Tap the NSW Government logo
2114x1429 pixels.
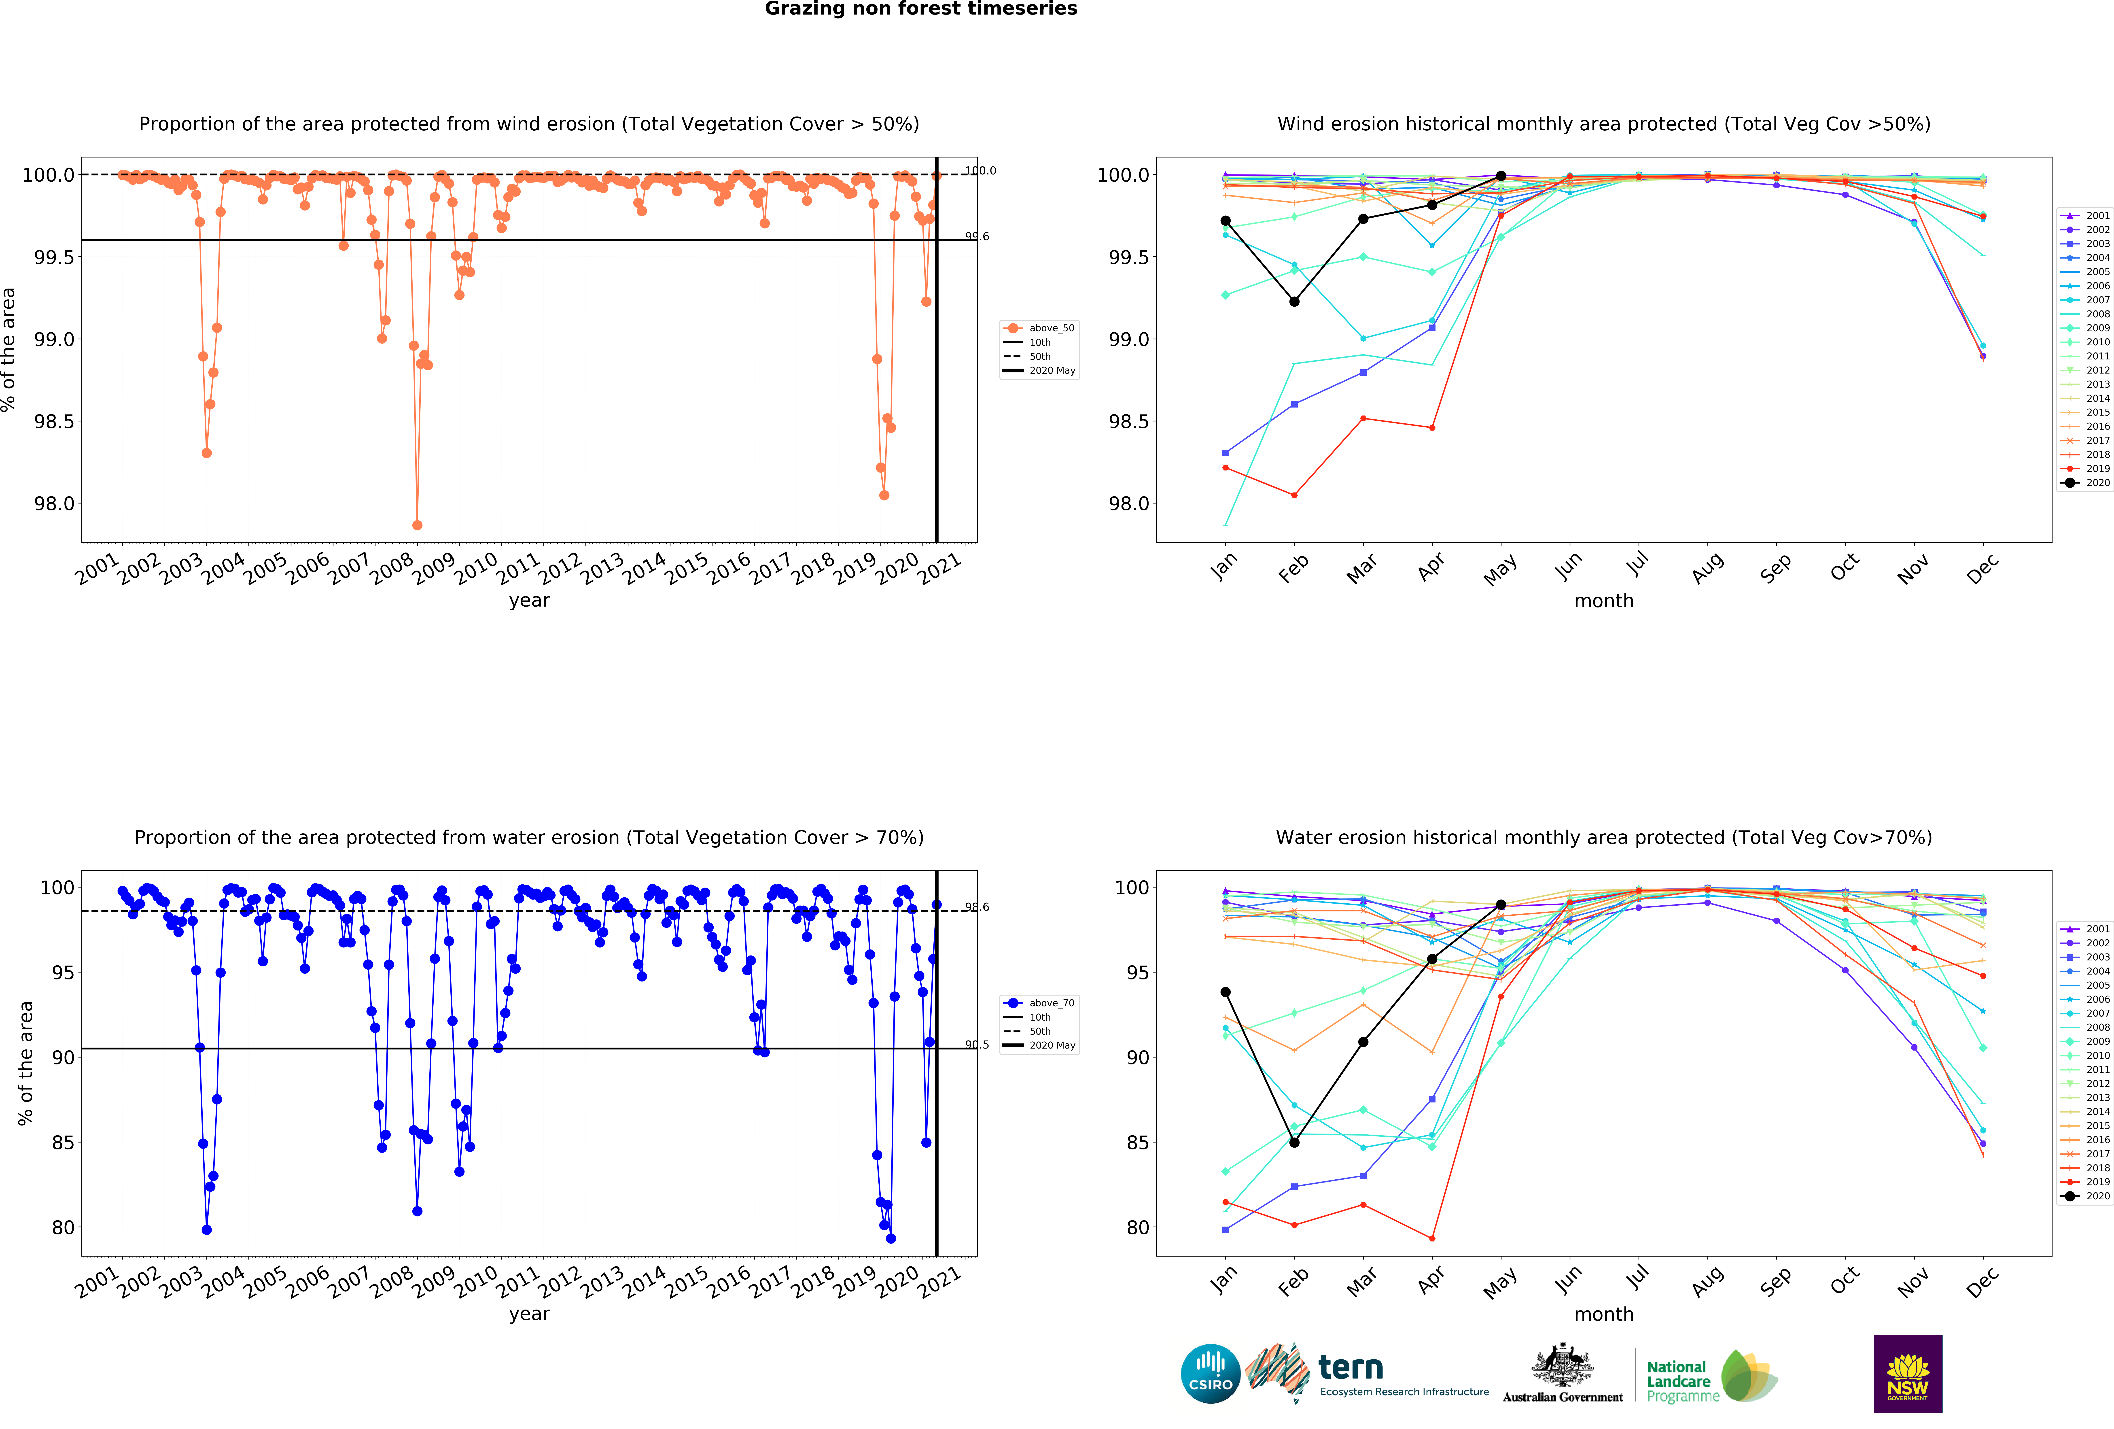(1908, 1374)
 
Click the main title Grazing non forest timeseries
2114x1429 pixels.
(920, 9)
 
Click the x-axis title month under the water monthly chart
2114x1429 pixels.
(1604, 1314)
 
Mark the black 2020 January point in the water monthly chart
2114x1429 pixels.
(1225, 992)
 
